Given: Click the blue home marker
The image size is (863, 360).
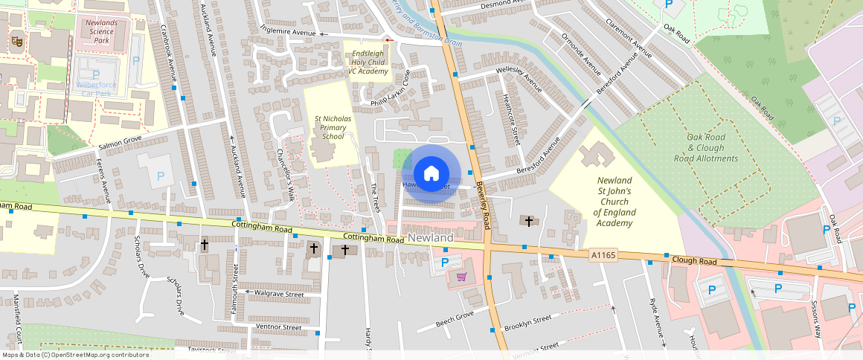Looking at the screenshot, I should [431, 174].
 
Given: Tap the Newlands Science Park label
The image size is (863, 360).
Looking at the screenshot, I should [101, 31].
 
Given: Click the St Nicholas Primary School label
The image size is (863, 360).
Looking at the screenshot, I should [329, 127].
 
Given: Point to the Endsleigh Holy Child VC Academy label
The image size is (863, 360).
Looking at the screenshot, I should [370, 62].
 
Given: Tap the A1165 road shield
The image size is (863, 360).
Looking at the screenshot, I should [603, 255].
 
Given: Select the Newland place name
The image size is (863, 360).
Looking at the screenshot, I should [431, 237].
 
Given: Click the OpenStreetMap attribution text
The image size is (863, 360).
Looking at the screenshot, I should [74, 355].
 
